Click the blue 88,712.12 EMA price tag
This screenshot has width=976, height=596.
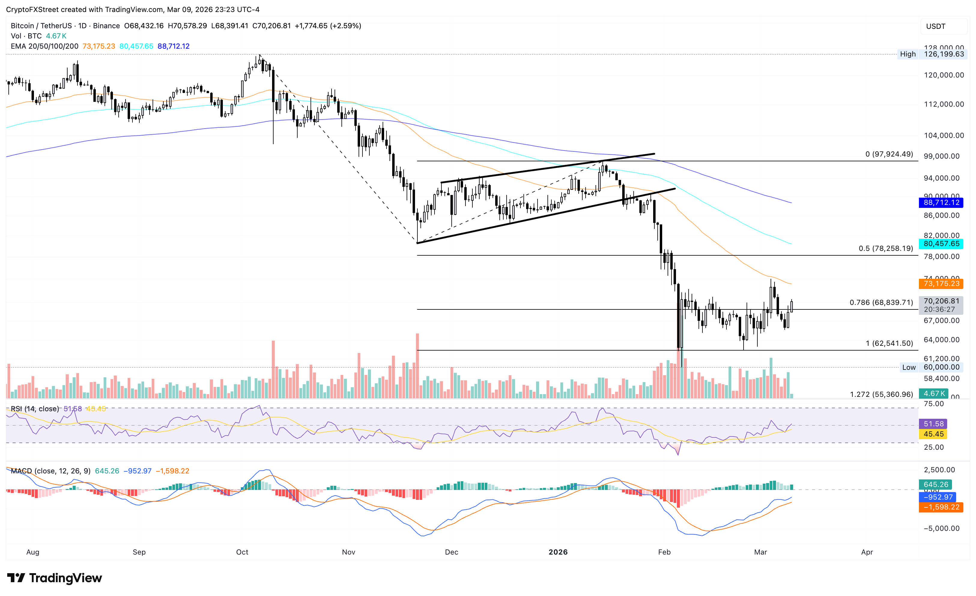[941, 202]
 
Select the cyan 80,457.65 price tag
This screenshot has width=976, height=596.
[941, 244]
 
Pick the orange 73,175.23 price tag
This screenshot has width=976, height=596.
[941, 284]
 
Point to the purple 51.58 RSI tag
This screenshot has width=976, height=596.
[933, 424]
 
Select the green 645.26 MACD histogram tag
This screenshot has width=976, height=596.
[935, 484]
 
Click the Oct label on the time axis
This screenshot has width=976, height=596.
[242, 552]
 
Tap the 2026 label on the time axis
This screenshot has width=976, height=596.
[558, 552]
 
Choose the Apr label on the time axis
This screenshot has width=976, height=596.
[867, 552]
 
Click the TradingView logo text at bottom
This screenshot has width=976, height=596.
[65, 578]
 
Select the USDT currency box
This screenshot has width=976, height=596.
[935, 26]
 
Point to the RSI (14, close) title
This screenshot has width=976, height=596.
[35, 409]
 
